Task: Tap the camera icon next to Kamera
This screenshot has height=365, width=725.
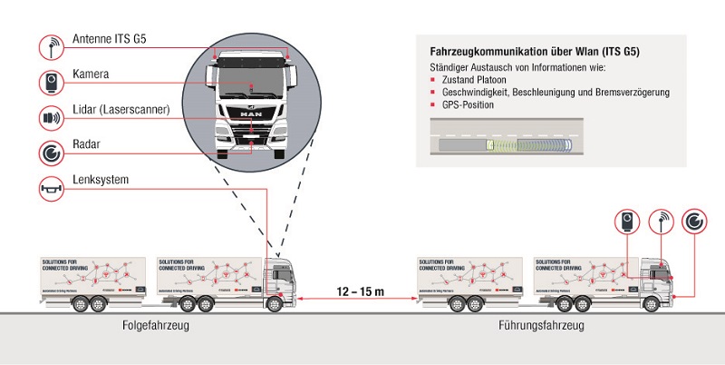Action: coord(52,82)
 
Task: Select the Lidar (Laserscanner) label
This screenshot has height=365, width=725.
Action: coord(121,110)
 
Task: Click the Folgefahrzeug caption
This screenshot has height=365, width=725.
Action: coord(155,325)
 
